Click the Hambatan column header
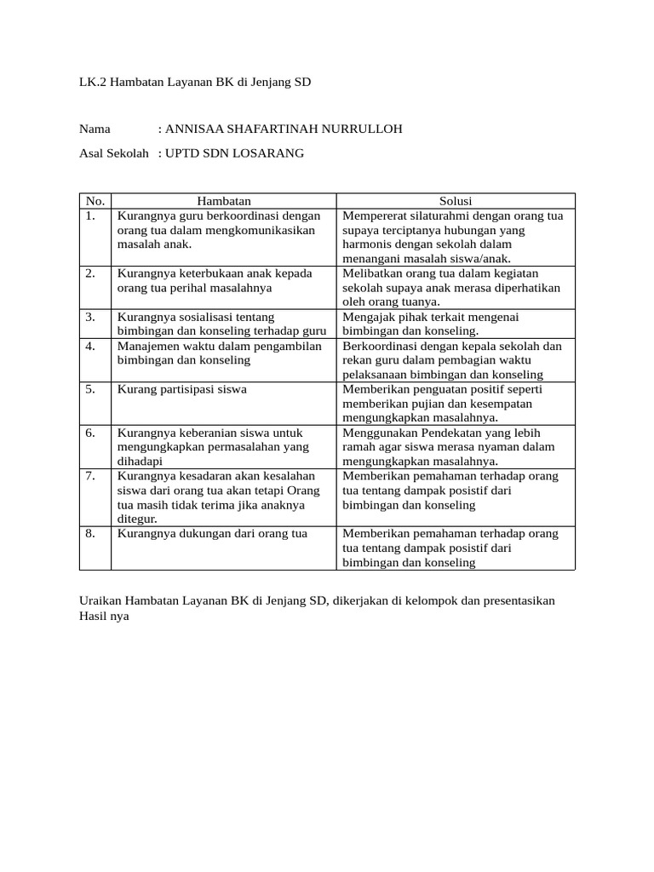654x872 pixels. pos(224,201)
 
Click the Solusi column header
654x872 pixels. pos(456,201)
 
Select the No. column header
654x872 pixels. pos(95,201)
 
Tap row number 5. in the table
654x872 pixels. pos(90,389)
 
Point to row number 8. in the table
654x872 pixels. pos(90,534)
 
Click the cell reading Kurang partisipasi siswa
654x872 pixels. pos(182,389)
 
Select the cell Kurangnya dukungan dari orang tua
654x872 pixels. pos(212,534)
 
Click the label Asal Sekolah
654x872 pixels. pos(114,153)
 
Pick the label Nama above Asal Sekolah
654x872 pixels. pos(95,129)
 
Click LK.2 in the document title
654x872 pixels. pos(94,82)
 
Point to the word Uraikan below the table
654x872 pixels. pos(101,600)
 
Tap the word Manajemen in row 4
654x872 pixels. pos(147,346)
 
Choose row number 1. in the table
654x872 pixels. pos(90,215)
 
